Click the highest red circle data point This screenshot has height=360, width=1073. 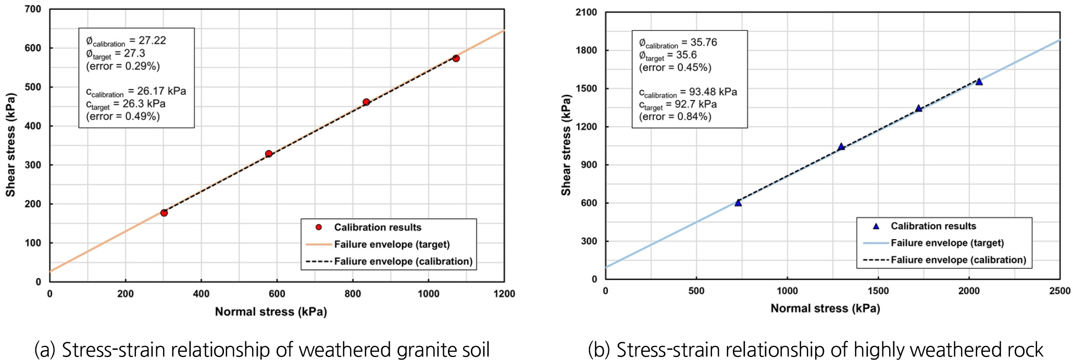coord(456,58)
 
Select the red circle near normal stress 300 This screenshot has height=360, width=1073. coord(164,213)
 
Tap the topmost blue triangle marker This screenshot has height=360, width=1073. coord(979,81)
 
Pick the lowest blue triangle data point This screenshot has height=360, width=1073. coord(738,203)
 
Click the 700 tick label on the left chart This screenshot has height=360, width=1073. coord(33,9)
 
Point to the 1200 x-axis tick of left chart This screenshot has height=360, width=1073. coord(504,294)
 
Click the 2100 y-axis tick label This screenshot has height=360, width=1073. coord(586,13)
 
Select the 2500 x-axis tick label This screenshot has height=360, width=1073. coord(1059,291)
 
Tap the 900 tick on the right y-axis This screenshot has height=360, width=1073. coord(590,165)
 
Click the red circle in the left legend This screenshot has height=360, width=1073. coord(319,227)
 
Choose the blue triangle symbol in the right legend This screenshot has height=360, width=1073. coord(876,226)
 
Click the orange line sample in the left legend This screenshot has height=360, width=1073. coord(319,244)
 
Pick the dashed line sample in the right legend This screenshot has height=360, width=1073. coord(876,260)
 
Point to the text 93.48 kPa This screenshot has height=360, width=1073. coord(713,92)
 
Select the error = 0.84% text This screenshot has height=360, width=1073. coord(675,117)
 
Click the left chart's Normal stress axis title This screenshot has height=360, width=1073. coord(271,312)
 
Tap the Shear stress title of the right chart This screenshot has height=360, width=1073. coord(566,145)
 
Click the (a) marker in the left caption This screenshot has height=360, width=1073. coord(45,349)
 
